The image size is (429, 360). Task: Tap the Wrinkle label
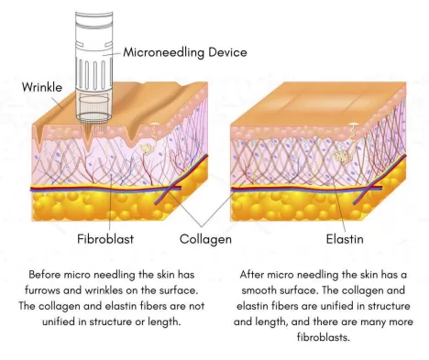coord(43,87)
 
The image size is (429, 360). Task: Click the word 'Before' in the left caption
coord(47,274)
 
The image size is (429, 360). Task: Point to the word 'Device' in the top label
coord(226,52)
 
